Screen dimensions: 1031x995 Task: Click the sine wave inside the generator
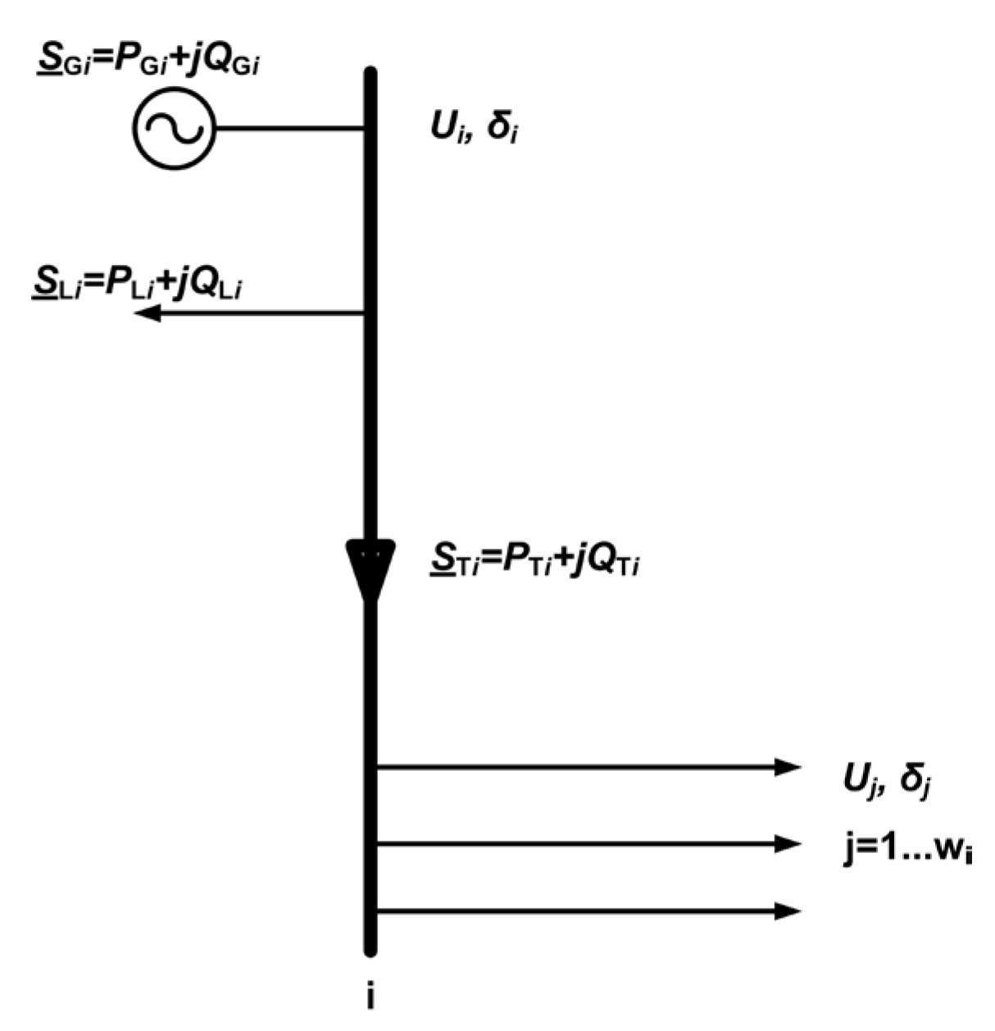click(x=173, y=129)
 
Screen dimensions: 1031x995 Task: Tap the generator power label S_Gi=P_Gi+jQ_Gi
click(x=148, y=62)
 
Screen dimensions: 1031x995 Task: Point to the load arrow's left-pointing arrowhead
click(x=148, y=312)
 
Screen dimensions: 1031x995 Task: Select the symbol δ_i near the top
click(x=502, y=129)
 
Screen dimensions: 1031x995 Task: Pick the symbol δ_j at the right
click(x=915, y=778)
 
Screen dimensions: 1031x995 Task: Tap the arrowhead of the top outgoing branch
click(x=787, y=768)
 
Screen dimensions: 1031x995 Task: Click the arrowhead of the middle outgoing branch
click(x=787, y=843)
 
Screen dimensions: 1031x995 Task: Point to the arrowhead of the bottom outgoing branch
click(x=787, y=910)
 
